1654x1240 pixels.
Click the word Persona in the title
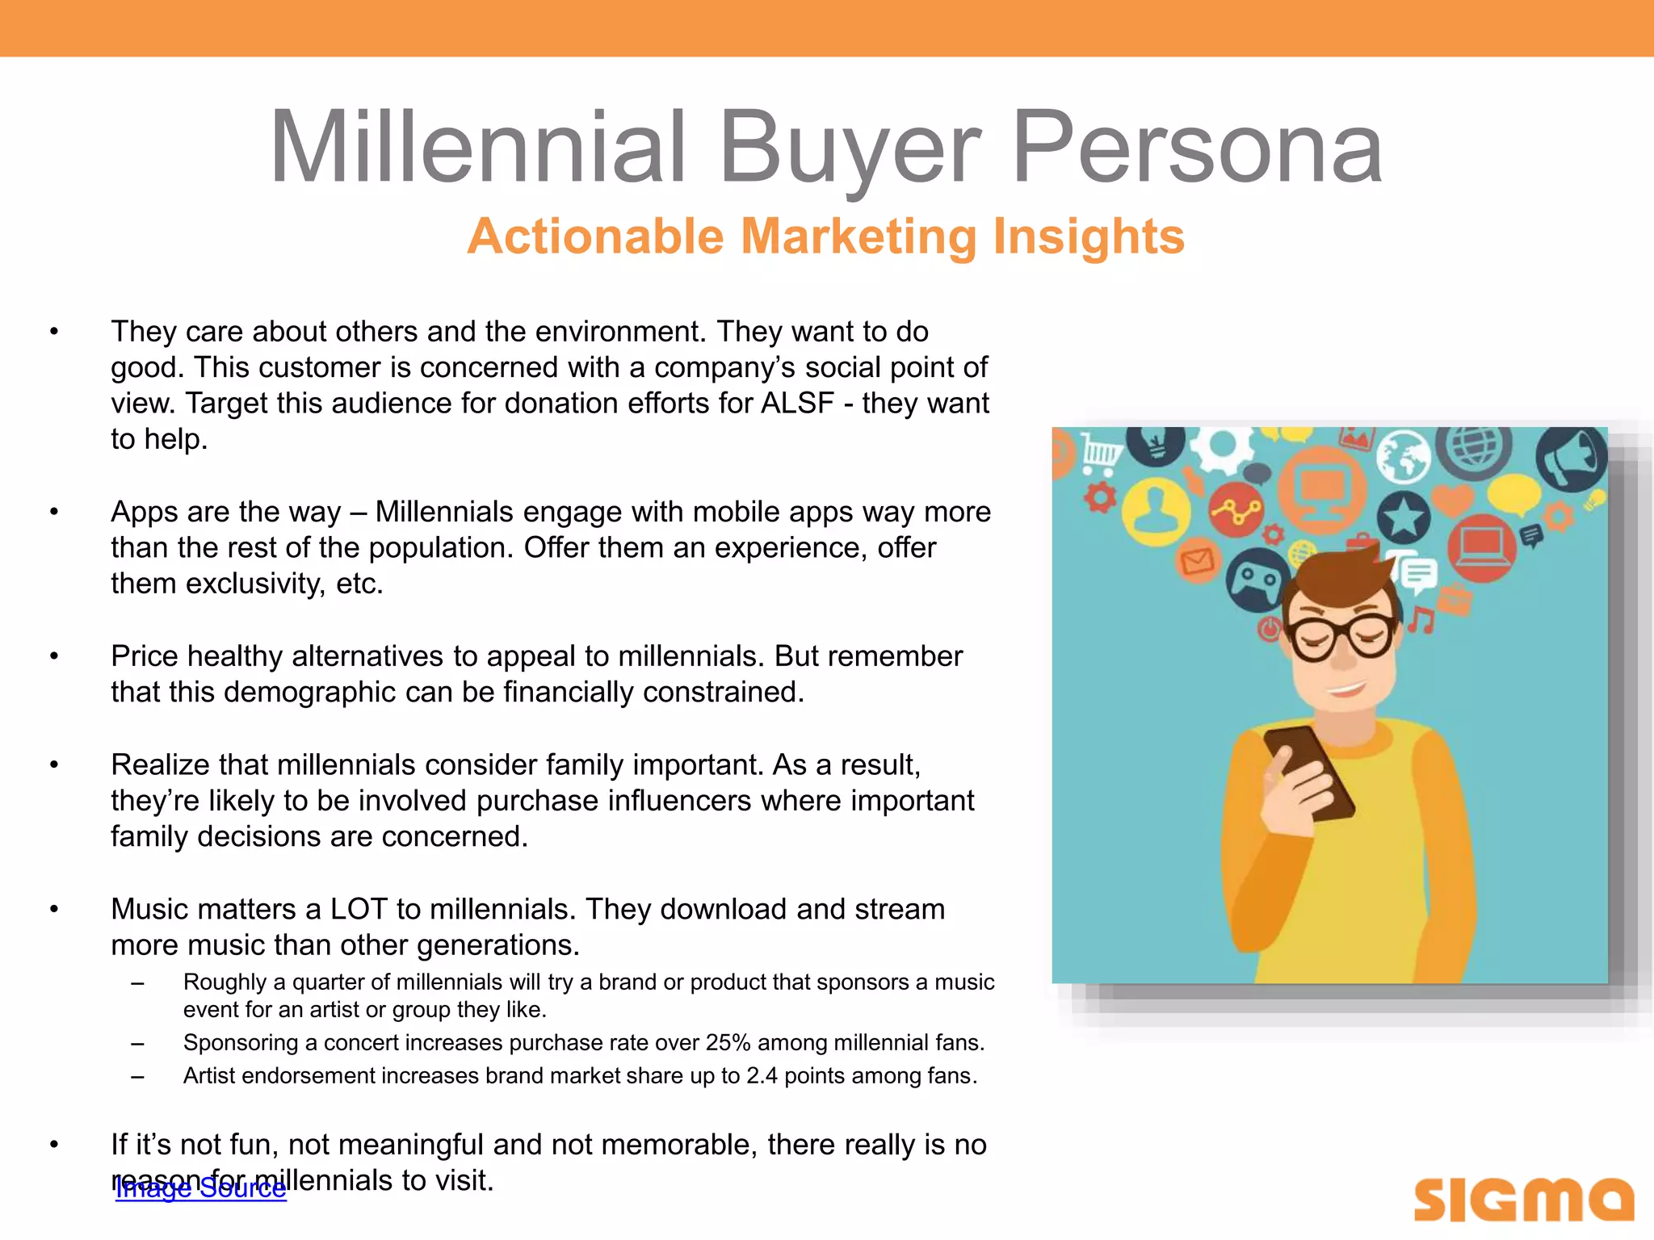click(1197, 147)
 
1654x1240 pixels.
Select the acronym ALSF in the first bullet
click(797, 403)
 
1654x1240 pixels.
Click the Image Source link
click(201, 1188)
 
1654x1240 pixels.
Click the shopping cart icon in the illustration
click(1100, 451)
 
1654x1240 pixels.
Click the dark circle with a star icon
click(1404, 517)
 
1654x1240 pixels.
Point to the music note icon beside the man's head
click(1421, 620)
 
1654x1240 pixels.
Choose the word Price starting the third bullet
click(145, 656)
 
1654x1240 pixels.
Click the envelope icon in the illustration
click(1198, 559)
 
